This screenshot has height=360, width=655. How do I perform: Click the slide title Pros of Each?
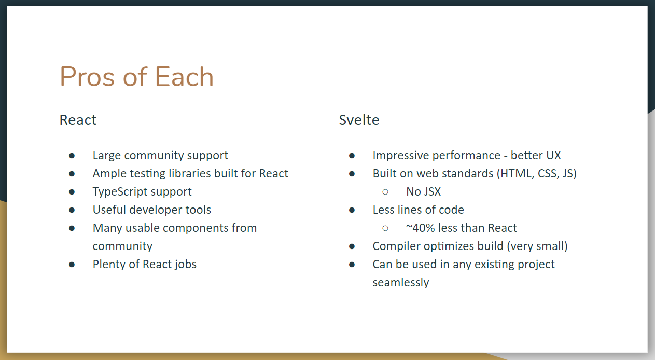point(136,77)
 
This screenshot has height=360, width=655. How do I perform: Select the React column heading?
point(78,120)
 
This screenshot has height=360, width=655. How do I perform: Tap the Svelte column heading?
point(359,120)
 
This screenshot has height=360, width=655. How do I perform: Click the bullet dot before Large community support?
point(72,156)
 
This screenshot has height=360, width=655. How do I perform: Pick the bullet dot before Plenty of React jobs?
point(72,265)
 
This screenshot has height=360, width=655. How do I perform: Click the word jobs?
point(185,265)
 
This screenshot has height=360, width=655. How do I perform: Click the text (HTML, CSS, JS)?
point(537,174)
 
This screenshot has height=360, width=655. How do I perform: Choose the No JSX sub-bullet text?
point(423,192)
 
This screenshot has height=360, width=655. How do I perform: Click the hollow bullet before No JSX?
point(385,192)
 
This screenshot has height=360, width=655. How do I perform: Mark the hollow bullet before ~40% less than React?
point(385,228)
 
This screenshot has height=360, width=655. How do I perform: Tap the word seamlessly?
point(400,283)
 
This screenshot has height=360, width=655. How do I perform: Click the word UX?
point(553,156)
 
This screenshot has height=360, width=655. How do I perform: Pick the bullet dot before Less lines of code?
point(352,210)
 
